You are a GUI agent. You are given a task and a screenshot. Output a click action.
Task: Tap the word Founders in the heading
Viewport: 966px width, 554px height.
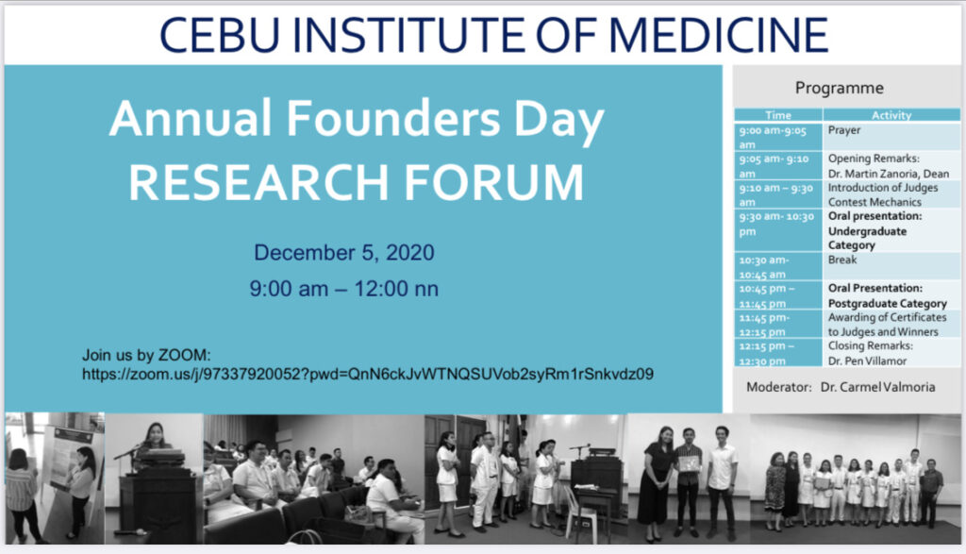coord(393,118)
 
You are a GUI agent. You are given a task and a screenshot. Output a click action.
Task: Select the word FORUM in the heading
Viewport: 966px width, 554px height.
coord(493,182)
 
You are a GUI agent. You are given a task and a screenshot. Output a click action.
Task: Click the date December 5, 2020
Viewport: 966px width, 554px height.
coord(343,253)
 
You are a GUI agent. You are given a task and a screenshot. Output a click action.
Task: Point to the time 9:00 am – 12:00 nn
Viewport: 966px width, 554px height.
coord(343,289)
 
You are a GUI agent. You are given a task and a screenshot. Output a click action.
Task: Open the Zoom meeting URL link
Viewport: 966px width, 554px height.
coord(368,374)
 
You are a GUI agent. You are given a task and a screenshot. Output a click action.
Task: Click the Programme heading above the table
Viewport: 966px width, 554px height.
coord(839,88)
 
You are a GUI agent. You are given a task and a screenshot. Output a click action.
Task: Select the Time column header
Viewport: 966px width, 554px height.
coord(778,115)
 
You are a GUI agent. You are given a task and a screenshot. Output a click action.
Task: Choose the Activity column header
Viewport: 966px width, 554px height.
coord(891,115)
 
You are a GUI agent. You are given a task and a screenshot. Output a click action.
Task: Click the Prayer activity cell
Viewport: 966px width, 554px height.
coord(844,130)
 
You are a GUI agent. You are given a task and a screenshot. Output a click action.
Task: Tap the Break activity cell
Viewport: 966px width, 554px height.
coord(842,260)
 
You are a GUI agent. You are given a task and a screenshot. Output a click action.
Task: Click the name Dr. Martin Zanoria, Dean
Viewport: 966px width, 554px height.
coord(889,174)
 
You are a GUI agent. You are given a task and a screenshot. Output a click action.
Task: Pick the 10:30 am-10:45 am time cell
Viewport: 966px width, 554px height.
coord(764,267)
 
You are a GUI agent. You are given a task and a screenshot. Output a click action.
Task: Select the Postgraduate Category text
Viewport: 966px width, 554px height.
coord(887,303)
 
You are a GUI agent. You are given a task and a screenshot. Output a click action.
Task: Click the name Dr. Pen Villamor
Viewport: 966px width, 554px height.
coord(867,361)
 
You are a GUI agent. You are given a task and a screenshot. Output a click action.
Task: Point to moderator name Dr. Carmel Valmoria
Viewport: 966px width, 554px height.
coord(877,387)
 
